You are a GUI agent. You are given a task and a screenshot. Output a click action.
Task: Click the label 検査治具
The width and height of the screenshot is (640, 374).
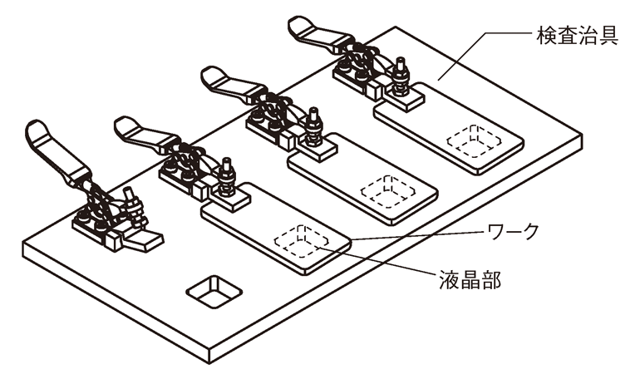[577, 37]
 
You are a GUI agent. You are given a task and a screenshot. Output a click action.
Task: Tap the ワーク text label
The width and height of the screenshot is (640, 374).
[517, 230]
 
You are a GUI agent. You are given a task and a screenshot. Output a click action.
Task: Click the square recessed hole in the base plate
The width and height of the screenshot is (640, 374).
[214, 291]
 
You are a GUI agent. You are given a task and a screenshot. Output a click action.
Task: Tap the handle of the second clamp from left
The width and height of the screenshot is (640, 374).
[141, 133]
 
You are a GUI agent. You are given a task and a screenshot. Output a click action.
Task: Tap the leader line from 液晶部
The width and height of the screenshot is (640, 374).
[374, 260]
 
